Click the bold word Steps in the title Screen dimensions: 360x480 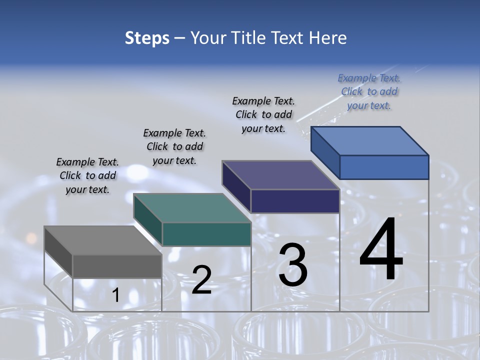(x=147, y=38)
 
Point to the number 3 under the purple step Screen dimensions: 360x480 (x=293, y=265)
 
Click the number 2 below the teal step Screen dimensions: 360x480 (x=201, y=280)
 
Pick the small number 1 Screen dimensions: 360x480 (x=115, y=295)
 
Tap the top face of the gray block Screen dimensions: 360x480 (x=102, y=240)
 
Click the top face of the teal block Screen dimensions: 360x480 (x=191, y=208)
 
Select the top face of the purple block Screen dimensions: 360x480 (x=280, y=175)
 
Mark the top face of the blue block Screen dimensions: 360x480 (x=369, y=141)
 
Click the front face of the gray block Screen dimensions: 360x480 (x=117, y=266)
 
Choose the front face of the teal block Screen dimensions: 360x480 (x=206, y=234)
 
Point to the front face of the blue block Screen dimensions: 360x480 (x=384, y=167)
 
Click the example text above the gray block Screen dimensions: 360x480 (x=87, y=176)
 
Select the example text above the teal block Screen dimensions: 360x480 (x=174, y=146)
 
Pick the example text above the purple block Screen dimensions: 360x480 (x=263, y=114)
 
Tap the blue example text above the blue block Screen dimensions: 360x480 (x=369, y=91)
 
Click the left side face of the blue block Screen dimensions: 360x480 (x=325, y=152)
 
